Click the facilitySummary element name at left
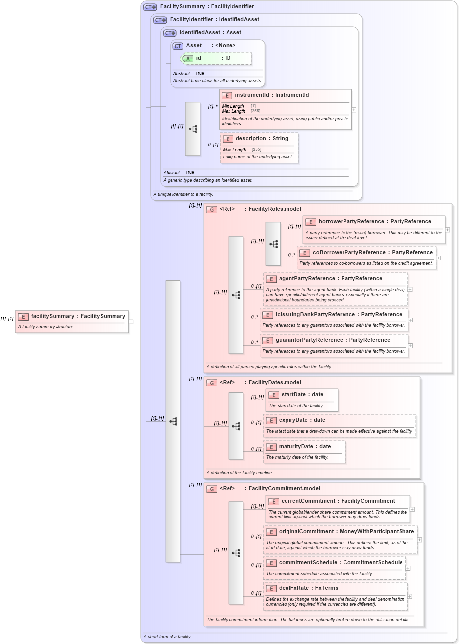(x=53, y=316)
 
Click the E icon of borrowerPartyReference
(x=311, y=222)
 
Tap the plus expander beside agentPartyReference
(x=410, y=289)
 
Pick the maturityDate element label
(x=296, y=447)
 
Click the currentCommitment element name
(x=308, y=501)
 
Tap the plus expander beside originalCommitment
(x=419, y=540)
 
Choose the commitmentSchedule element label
(x=308, y=563)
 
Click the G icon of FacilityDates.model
(x=212, y=383)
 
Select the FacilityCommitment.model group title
(x=284, y=489)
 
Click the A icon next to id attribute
(x=188, y=59)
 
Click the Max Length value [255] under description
(x=256, y=150)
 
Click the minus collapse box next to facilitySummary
(x=131, y=322)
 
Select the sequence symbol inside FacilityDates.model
(x=236, y=426)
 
